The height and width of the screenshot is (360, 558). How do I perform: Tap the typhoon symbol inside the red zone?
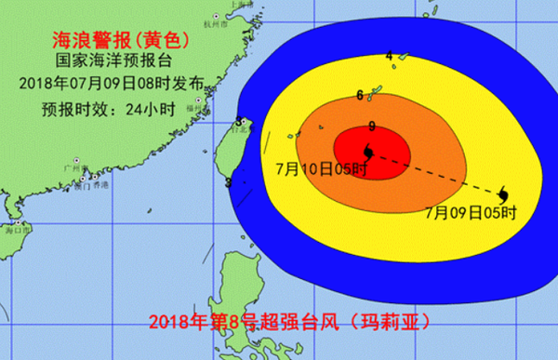tap(369, 151)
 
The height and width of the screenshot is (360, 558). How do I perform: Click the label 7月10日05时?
tap(322, 171)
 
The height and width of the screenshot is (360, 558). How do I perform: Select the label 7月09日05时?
tap(470, 212)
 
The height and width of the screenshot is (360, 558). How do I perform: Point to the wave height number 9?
tap(372, 127)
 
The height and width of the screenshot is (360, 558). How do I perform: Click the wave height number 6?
tap(360, 95)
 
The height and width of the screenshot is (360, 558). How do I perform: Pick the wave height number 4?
tap(389, 56)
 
